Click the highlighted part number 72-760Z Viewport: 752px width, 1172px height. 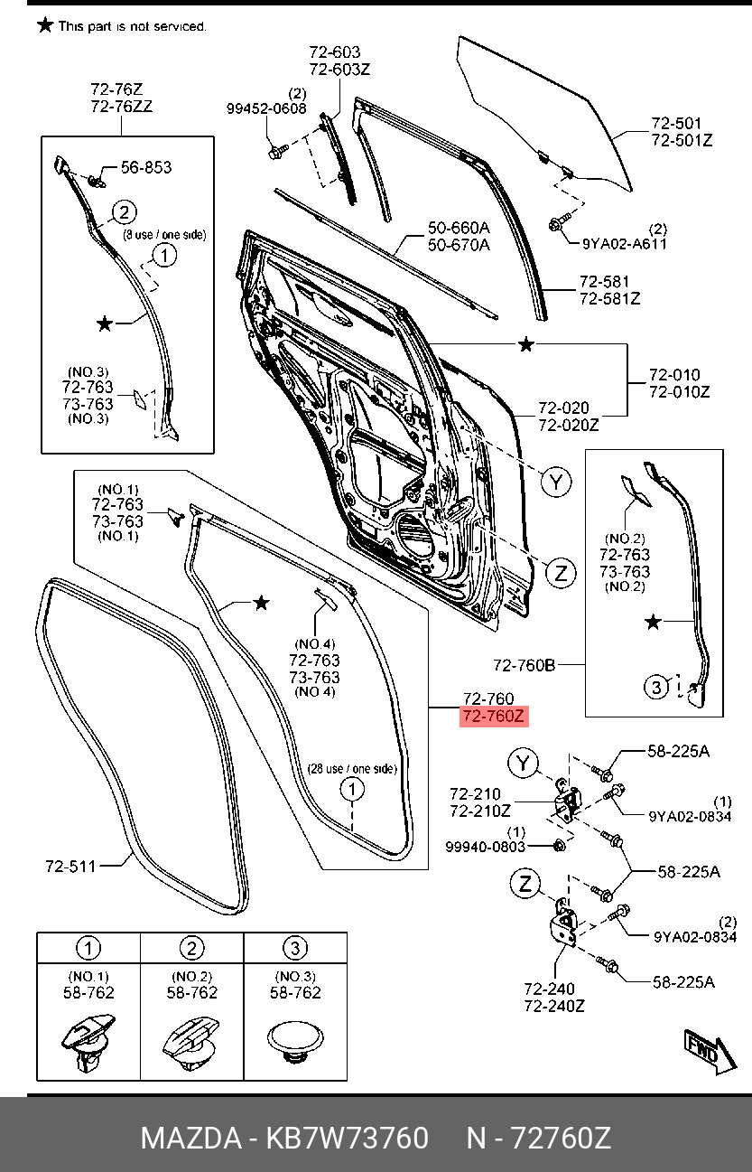493,717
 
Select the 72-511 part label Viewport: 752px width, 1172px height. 70,867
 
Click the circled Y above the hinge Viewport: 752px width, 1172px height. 523,764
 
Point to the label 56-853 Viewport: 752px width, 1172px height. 146,167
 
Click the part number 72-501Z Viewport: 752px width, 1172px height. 682,140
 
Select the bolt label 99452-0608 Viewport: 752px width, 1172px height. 266,108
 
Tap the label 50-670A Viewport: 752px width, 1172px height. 459,245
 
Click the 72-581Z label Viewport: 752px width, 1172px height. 609,298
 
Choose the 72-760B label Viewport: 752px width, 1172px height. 524,665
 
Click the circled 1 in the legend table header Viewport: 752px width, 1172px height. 88,948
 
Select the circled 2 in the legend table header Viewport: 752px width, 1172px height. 191,948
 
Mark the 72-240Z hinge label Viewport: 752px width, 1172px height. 554,1005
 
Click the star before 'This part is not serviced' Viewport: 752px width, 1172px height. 45,24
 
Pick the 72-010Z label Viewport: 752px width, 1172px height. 680,391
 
